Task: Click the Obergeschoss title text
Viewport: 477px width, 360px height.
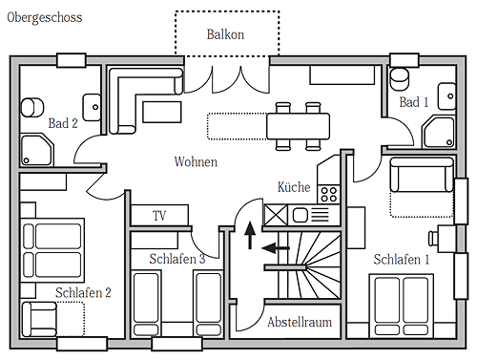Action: (x=45, y=18)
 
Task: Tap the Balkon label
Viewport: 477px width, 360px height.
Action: (x=225, y=34)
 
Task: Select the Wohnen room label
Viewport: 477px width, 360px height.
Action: (x=196, y=161)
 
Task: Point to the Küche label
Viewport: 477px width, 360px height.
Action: (x=294, y=187)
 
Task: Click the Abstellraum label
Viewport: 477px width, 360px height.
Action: (x=300, y=322)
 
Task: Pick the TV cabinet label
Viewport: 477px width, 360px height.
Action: (x=159, y=216)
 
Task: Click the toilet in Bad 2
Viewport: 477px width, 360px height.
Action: (x=32, y=108)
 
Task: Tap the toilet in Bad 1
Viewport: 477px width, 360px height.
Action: (x=400, y=78)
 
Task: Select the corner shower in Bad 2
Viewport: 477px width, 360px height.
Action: (x=37, y=150)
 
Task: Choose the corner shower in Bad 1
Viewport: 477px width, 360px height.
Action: (x=439, y=132)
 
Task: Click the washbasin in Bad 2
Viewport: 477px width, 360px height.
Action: (x=93, y=107)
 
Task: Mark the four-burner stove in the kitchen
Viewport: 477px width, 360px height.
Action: (x=329, y=195)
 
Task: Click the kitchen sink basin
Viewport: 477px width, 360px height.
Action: (x=300, y=215)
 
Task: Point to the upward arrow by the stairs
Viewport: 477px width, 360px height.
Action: (x=250, y=235)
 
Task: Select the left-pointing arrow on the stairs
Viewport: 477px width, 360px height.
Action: (x=276, y=247)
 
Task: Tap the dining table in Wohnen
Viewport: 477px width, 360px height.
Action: (x=298, y=126)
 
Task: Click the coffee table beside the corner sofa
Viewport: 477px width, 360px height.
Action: (x=162, y=112)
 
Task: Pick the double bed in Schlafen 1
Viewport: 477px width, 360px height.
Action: (x=401, y=306)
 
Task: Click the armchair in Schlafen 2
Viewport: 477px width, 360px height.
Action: (x=39, y=319)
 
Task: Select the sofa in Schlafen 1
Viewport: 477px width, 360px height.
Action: (x=422, y=175)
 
